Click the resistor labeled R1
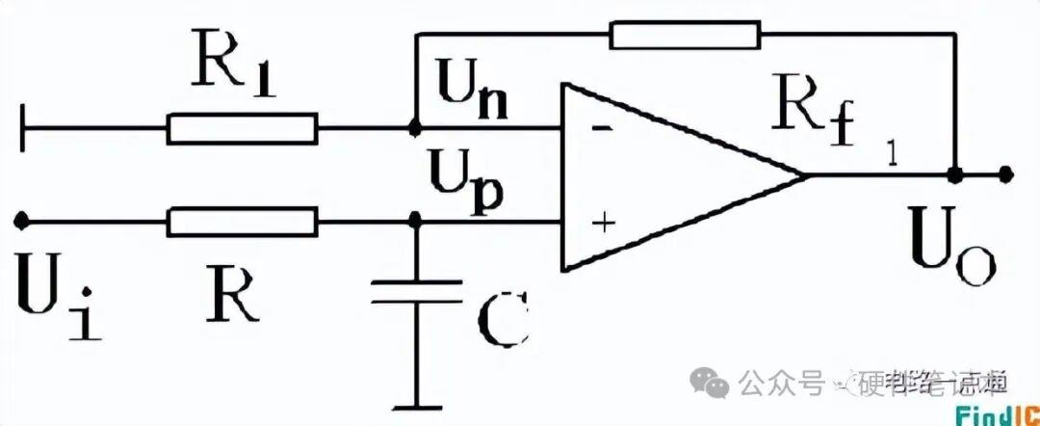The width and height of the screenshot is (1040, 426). [x=242, y=128]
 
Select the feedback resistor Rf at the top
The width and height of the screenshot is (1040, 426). [x=684, y=37]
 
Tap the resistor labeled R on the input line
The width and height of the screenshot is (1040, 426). [x=242, y=222]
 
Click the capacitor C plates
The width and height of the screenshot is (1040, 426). [x=416, y=291]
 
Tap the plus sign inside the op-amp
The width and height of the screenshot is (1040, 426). [x=603, y=224]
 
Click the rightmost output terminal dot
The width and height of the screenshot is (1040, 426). [x=1005, y=175]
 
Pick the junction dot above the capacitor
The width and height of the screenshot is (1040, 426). [x=416, y=222]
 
